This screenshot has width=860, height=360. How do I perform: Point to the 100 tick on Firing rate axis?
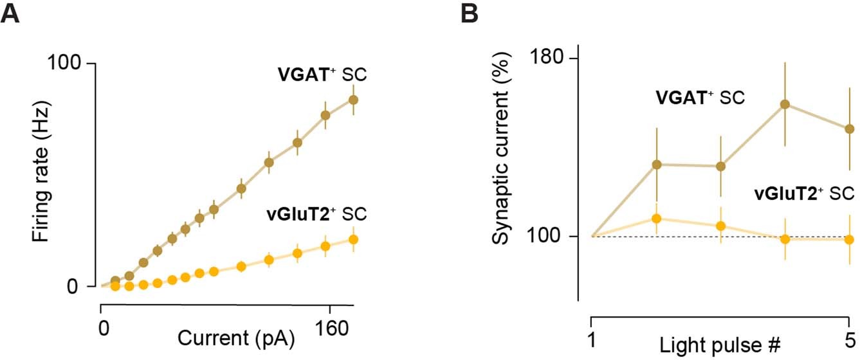[x=67, y=64]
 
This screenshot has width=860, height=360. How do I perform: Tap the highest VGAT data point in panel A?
[x=353, y=100]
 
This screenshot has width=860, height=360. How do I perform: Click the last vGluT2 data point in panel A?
[x=353, y=239]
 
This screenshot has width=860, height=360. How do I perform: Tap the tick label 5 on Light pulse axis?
[x=850, y=338]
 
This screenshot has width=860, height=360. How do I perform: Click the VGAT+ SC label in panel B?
[x=700, y=98]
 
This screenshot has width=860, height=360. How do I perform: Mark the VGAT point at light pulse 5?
[x=850, y=129]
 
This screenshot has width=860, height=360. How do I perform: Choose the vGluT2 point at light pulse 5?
[x=850, y=239]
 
